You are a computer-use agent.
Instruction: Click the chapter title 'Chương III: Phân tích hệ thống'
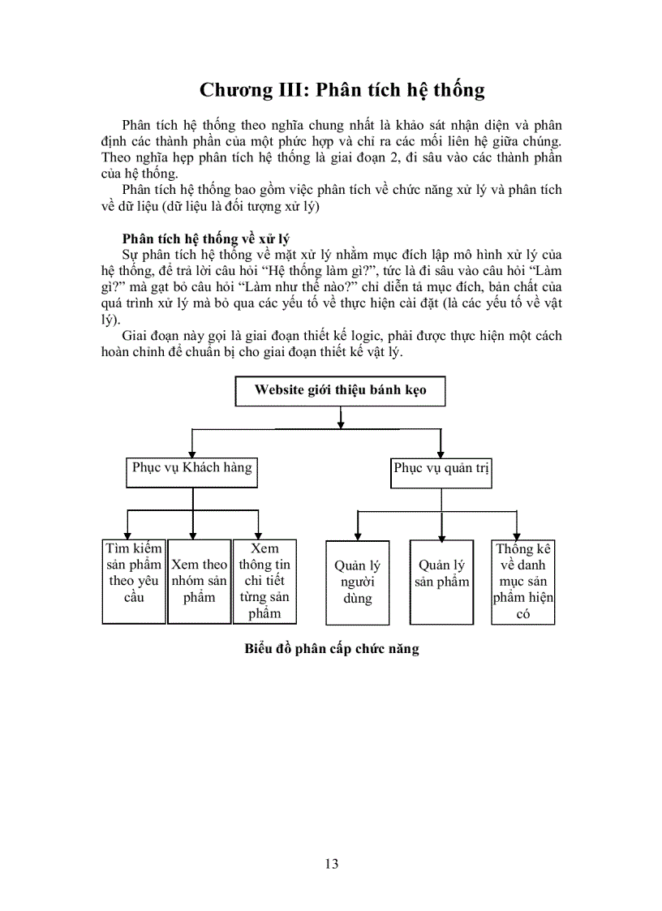click(x=342, y=89)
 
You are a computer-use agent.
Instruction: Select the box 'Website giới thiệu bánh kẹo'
click(x=340, y=390)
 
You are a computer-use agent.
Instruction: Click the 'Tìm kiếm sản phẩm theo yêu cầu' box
click(x=133, y=581)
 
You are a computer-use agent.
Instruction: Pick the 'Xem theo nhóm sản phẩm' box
click(x=199, y=581)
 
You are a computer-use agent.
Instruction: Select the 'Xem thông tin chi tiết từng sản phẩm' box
click(x=264, y=581)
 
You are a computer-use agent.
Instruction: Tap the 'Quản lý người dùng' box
click(x=357, y=582)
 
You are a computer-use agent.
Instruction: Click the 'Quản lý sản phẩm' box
click(x=441, y=582)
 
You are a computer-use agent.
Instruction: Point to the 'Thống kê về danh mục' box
click(x=522, y=582)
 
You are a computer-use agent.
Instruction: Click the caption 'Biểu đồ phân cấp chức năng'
click(x=331, y=649)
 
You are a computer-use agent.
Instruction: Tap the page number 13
click(x=331, y=863)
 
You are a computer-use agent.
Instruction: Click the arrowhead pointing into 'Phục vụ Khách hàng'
click(x=192, y=453)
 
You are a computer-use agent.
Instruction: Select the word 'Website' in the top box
click(x=280, y=389)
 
